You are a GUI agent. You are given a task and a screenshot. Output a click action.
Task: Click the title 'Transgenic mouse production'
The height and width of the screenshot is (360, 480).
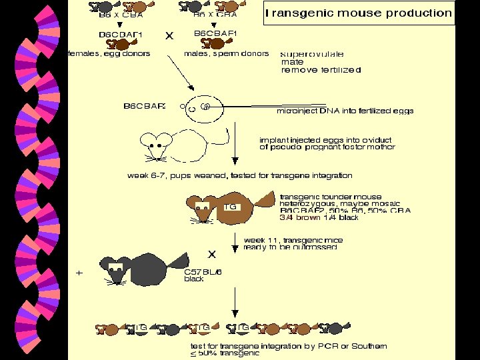(359, 13)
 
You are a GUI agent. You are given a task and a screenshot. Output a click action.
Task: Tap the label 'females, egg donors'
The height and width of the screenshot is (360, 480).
(109, 53)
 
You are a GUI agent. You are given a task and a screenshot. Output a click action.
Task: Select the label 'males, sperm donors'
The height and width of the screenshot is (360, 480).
(227, 53)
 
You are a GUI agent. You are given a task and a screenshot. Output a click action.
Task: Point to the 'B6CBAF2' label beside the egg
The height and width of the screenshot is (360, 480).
(145, 105)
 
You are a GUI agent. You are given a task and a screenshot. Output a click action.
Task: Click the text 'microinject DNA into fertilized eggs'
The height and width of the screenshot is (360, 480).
(345, 111)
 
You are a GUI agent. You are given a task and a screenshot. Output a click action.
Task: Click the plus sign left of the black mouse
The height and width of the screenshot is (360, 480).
(79, 273)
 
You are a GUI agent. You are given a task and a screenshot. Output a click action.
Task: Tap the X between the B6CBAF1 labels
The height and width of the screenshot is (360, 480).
(169, 37)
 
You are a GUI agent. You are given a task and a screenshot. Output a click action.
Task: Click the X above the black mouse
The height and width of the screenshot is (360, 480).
(212, 254)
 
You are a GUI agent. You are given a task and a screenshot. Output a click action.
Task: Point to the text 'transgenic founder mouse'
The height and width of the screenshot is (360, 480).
(331, 197)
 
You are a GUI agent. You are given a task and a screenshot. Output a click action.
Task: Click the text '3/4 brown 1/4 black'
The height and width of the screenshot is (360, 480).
(319, 217)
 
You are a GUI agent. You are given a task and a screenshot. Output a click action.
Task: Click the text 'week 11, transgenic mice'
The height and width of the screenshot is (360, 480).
(291, 239)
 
